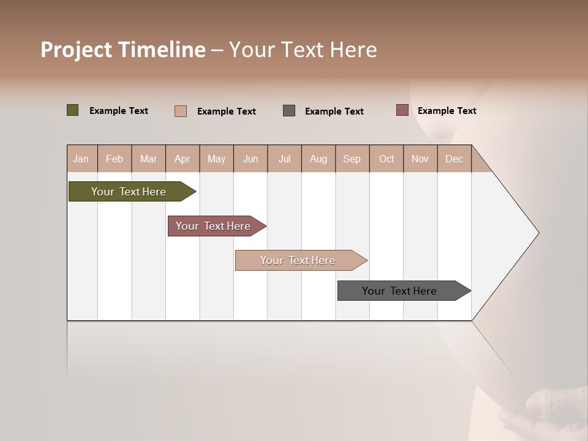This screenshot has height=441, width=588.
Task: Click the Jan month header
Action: point(81,159)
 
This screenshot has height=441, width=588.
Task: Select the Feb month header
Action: point(115,159)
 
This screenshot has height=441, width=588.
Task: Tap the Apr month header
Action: point(182,159)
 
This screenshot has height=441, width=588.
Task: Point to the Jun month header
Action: point(251,159)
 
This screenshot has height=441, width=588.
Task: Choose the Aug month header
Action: point(318,159)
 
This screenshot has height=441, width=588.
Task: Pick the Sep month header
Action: point(352,159)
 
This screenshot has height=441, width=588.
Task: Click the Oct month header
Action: point(386,159)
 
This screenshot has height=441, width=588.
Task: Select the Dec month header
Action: point(454,159)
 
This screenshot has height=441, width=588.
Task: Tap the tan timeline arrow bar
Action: point(299,260)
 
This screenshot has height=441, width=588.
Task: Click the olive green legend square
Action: point(72,110)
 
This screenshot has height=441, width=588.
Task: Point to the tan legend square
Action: point(180,111)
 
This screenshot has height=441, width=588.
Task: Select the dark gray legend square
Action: point(289,111)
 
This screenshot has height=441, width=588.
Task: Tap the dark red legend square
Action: point(402,110)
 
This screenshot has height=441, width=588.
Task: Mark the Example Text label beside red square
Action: point(447,111)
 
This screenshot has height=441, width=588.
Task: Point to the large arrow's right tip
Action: point(538,233)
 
